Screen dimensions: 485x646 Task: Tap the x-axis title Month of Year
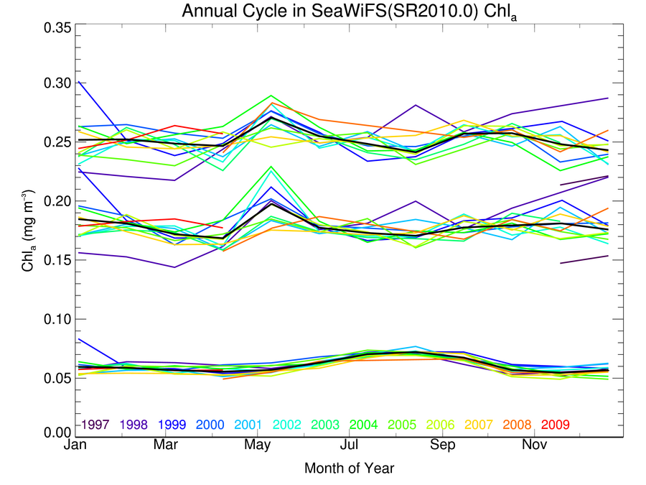[349, 468]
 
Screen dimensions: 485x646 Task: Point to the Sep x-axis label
[442, 445]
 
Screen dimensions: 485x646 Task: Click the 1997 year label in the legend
[95, 425]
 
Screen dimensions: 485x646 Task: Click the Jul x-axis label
[350, 445]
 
